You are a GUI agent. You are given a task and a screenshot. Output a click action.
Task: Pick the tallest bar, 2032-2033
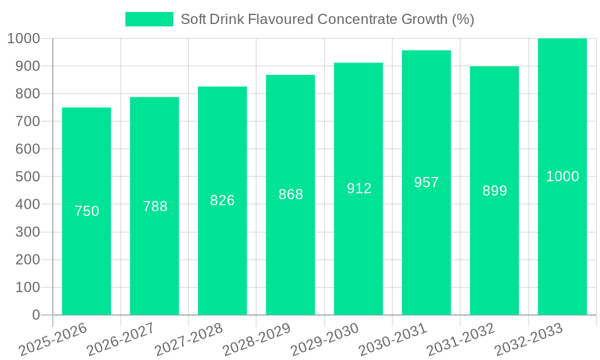[562, 252]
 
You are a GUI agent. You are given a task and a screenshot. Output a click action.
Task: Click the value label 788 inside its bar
[155, 206]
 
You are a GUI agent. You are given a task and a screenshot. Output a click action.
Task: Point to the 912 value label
[359, 188]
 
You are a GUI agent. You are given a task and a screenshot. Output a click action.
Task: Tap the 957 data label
[427, 182]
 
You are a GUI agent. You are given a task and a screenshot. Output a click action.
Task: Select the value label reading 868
[290, 194]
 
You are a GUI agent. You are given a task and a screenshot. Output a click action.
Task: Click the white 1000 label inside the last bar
[562, 176]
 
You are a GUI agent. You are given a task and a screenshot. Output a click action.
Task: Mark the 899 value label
[494, 191]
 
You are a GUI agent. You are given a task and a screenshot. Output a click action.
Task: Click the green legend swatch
[149, 19]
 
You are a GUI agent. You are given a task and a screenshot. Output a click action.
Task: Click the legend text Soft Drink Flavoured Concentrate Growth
[328, 19]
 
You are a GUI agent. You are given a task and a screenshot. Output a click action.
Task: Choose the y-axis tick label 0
[35, 315]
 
